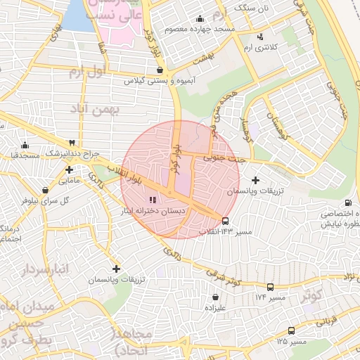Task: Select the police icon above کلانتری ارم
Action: pos(261,37)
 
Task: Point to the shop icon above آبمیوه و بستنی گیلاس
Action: pos(162,70)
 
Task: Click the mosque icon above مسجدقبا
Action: pos(25,145)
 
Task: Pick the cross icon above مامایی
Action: pos(69,169)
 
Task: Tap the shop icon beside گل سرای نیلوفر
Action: pos(46,190)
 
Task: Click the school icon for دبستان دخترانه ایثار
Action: pos(153,200)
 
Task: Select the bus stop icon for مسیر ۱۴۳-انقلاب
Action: pos(225,221)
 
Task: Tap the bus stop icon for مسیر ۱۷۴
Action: pos(271,287)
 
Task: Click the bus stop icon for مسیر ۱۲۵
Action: pos(292,330)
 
